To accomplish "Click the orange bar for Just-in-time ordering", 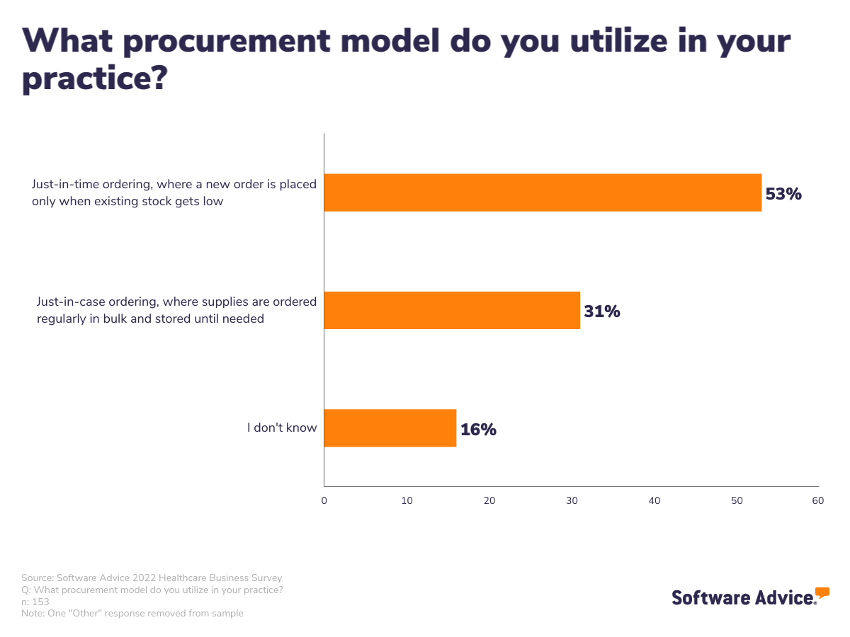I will (543, 193).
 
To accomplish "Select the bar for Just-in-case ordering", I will (452, 310).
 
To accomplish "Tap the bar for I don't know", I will (390, 427).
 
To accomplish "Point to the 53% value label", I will (783, 193).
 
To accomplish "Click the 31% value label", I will (602, 311).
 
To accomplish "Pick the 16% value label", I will (478, 429).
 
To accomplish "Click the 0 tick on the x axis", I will (324, 501).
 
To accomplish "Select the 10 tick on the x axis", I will (407, 501).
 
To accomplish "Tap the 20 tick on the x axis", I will (489, 501).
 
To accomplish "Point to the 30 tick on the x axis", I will (572, 501).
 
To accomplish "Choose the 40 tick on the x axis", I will (654, 501).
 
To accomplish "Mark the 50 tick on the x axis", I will (737, 501).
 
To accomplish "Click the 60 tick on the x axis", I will (818, 501).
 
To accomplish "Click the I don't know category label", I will (282, 427).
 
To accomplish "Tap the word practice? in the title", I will (94, 79).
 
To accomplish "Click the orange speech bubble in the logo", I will (822, 592).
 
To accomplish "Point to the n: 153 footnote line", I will (35, 602).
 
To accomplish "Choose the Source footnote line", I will (152, 578).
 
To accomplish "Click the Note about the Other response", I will (132, 614).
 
